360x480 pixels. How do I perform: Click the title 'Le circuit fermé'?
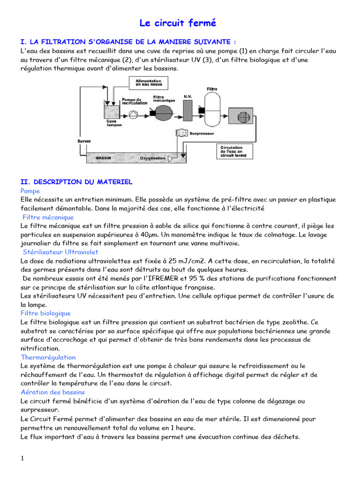(178, 23)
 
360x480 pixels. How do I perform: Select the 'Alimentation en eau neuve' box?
(148, 82)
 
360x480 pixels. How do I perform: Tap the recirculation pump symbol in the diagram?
(134, 113)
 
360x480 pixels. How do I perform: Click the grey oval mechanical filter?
(164, 113)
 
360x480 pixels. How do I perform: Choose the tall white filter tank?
(212, 110)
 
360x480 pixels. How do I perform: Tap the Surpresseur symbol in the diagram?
(181, 133)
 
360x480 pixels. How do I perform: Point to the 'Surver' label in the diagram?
(84, 141)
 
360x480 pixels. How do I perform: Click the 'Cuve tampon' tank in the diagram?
(111, 112)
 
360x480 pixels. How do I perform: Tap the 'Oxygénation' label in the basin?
(153, 158)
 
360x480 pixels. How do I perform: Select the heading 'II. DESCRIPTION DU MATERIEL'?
(76, 181)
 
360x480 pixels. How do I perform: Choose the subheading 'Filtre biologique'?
(45, 313)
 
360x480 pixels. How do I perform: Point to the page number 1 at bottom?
(22, 458)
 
